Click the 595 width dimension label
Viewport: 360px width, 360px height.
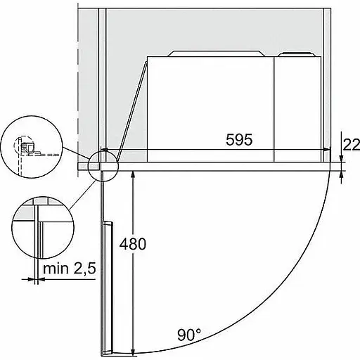click(239, 140)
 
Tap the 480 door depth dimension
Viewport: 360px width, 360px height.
click(133, 244)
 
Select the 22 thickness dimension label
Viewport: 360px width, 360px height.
click(352, 145)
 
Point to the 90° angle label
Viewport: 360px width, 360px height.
click(189, 335)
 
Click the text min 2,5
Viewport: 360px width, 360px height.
click(70, 269)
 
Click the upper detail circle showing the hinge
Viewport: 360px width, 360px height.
click(32, 147)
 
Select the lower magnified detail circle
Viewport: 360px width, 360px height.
click(43, 228)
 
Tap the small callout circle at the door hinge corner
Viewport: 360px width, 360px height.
click(103, 166)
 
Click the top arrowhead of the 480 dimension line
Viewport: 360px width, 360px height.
click(133, 174)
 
